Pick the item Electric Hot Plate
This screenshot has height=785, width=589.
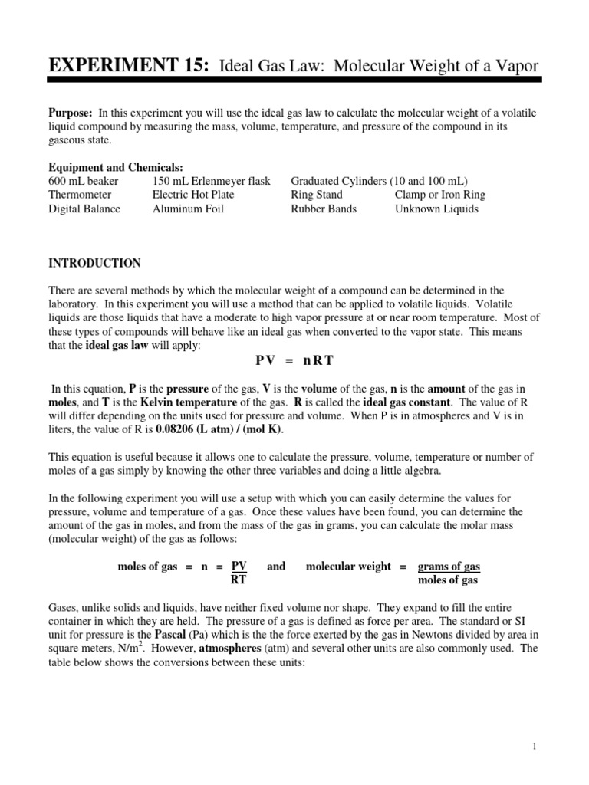193,195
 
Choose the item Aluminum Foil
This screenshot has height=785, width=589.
188,209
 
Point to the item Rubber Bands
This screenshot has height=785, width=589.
324,209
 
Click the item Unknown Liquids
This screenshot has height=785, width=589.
436,209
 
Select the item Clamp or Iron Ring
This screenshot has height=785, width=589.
439,195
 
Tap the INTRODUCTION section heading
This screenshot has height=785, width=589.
95,264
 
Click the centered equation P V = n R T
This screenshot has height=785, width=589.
294,360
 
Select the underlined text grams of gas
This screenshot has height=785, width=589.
449,567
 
